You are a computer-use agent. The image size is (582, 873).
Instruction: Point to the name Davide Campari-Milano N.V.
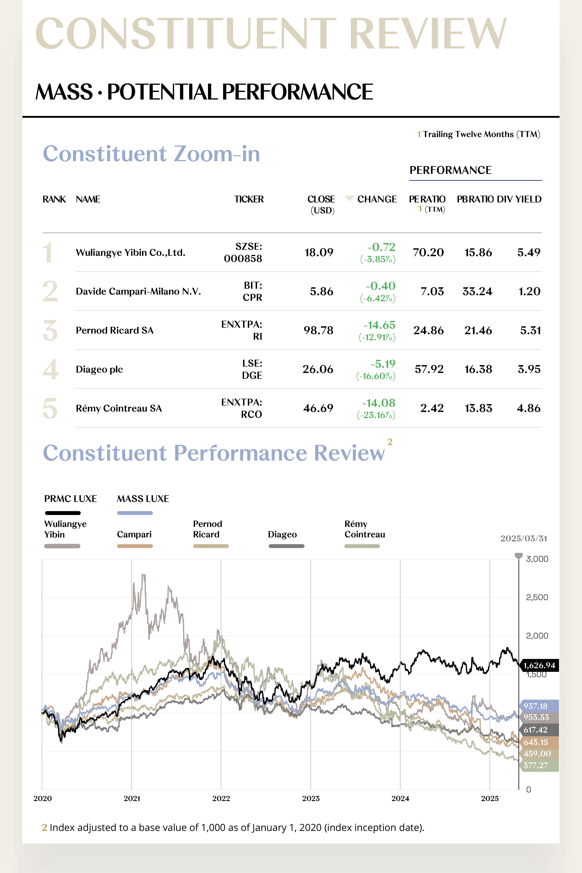coord(138,291)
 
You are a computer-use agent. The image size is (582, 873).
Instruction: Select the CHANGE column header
coord(377,199)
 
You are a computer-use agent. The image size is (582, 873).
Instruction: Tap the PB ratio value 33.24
coord(477,291)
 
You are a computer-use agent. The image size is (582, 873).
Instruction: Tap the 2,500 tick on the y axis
coord(537,597)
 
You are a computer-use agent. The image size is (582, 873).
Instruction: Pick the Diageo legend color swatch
coord(286,546)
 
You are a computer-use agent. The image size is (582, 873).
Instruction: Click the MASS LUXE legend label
coord(143,499)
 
